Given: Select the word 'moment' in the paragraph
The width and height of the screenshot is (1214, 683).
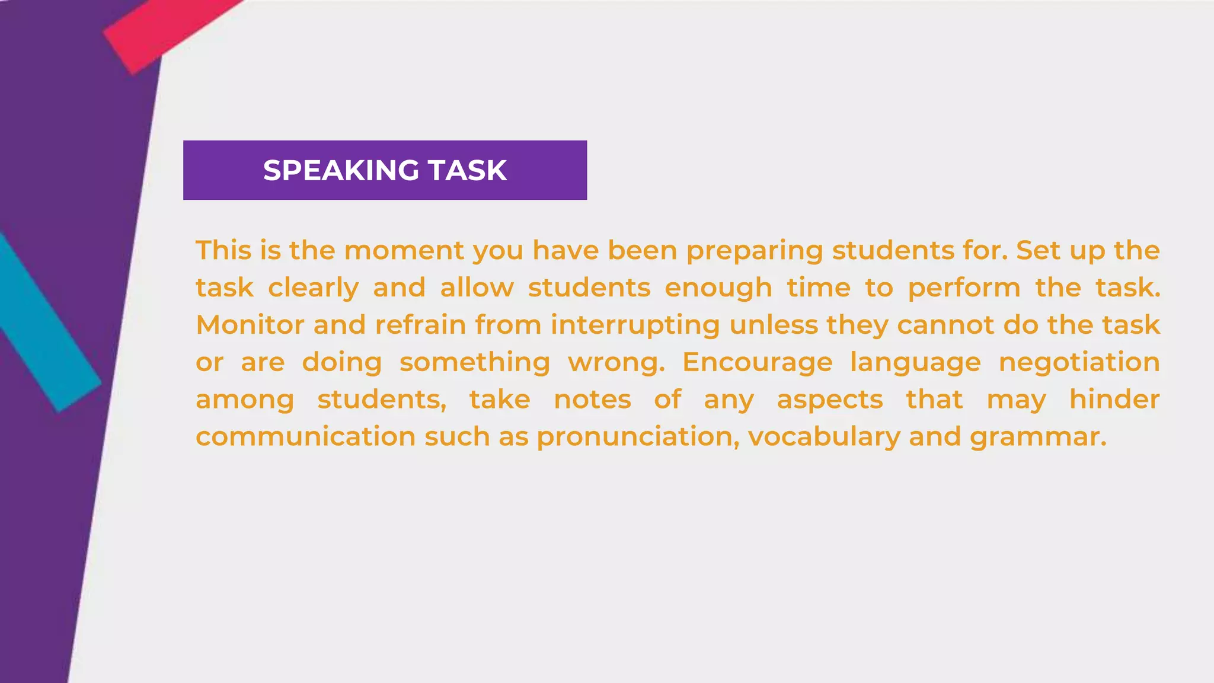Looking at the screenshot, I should (x=404, y=250).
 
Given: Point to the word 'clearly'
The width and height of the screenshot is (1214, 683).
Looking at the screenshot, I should (x=313, y=289).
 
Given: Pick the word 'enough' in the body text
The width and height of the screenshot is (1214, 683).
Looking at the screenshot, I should (x=718, y=289).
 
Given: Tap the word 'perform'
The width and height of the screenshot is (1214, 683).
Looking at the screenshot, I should (x=964, y=289).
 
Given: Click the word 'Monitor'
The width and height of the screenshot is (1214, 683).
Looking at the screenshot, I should (x=250, y=325).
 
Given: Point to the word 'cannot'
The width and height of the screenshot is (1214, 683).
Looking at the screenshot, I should (x=945, y=325).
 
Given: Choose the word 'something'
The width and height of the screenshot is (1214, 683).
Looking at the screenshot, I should (x=475, y=363).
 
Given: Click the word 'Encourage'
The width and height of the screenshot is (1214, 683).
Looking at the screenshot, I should (x=757, y=363).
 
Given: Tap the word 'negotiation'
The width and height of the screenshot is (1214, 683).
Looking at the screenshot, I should (x=1079, y=363).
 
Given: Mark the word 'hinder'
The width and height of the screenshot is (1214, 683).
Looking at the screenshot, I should (x=1114, y=400).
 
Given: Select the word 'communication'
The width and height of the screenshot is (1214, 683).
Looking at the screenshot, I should (x=305, y=437).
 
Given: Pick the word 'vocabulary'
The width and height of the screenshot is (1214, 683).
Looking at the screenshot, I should (x=824, y=438).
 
